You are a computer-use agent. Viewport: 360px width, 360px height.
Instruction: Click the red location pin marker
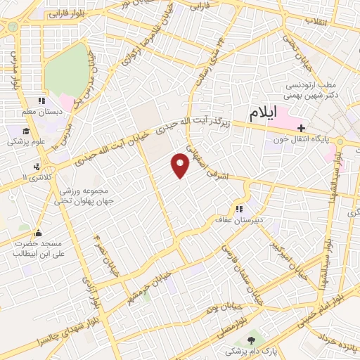[181, 165]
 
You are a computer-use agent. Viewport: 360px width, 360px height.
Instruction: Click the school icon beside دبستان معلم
[41, 101]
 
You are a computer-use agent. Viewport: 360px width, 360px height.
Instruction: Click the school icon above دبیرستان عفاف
[239, 208]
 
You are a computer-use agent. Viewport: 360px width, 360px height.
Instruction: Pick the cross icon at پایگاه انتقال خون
[302, 128]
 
